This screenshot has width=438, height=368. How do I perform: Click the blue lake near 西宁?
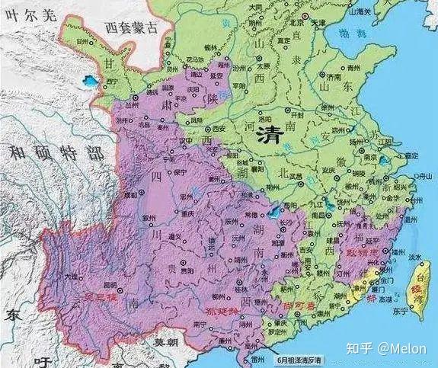pos(91,78)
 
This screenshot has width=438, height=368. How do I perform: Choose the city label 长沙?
pos(283,221)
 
